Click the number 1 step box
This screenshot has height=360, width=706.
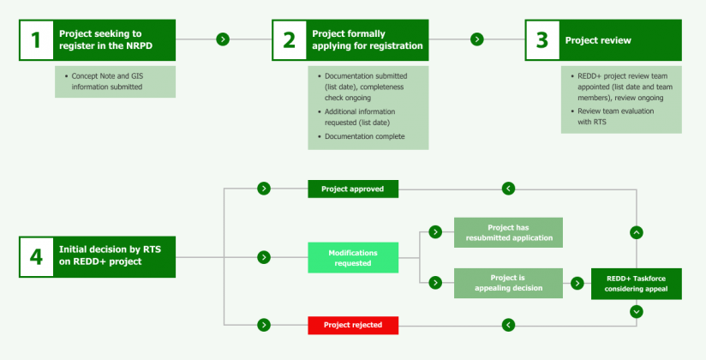(x=36, y=39)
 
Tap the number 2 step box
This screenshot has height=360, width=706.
(x=290, y=39)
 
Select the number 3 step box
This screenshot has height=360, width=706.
(x=542, y=39)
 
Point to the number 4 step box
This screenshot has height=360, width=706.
(x=36, y=256)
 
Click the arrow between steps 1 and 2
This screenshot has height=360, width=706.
(x=223, y=39)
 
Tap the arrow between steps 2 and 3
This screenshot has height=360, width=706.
(x=477, y=39)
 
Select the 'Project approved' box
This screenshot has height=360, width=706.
(x=353, y=189)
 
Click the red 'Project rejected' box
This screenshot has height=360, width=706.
(x=353, y=325)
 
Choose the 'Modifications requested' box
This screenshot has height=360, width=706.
(x=353, y=257)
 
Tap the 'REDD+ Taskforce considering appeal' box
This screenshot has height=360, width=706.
(x=637, y=284)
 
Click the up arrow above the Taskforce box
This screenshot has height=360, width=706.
(x=637, y=232)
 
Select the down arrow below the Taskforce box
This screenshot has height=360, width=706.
(x=637, y=312)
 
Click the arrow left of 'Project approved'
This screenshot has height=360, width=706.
(x=264, y=189)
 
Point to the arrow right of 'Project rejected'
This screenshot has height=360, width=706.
(x=508, y=325)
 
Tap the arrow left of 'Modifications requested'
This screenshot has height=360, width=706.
(x=264, y=256)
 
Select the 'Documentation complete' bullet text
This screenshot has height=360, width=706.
(x=365, y=136)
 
